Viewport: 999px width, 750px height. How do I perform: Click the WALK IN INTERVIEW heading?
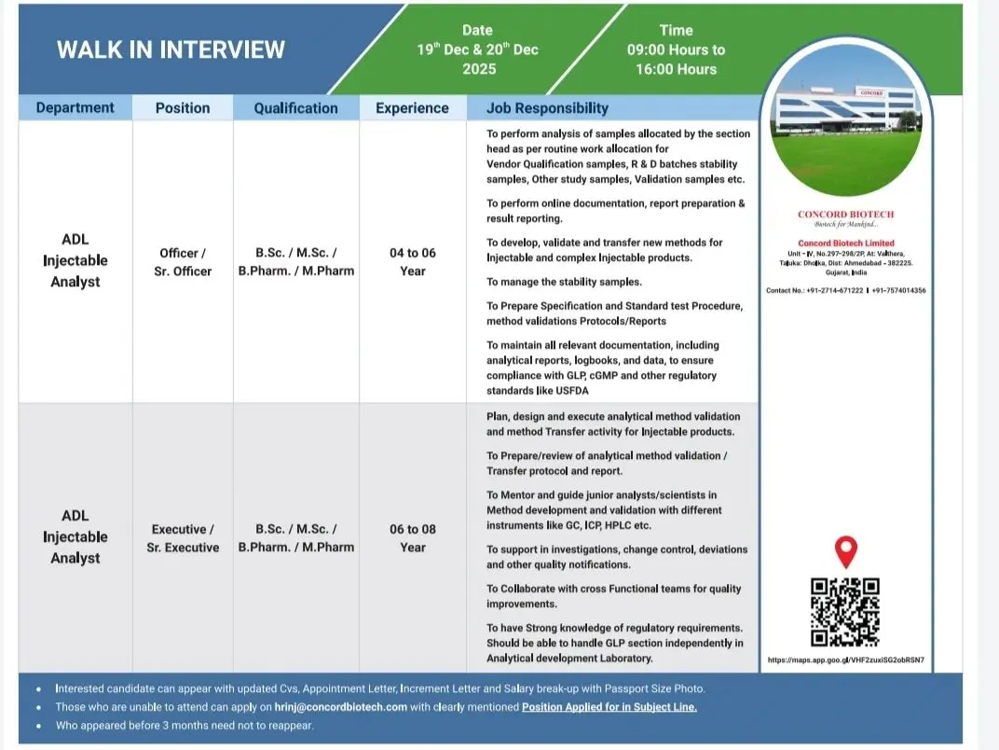(x=171, y=49)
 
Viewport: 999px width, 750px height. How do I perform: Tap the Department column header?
(x=75, y=108)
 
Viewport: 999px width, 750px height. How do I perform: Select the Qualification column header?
(x=295, y=108)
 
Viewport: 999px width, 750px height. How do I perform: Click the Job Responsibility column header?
(x=547, y=108)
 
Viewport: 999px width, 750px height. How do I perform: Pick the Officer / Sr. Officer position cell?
(x=183, y=262)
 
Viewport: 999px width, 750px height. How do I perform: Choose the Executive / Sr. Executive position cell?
(x=183, y=538)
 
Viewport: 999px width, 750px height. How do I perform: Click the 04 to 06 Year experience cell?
(x=412, y=262)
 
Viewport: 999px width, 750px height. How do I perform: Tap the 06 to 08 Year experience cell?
(x=412, y=538)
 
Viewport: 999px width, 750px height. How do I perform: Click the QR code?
(x=845, y=612)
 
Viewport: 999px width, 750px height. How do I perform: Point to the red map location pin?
(x=845, y=551)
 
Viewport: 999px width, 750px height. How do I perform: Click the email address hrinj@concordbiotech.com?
(x=341, y=707)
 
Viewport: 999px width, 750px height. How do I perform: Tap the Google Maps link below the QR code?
(x=846, y=660)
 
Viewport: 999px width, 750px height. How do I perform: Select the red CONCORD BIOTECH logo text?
(x=845, y=215)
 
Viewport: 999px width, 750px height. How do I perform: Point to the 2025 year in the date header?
(x=478, y=69)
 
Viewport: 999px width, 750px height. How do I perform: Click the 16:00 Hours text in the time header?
(x=676, y=69)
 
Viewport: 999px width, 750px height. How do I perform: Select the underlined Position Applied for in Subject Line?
(x=609, y=707)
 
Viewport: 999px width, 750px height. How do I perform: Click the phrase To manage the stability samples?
(x=564, y=282)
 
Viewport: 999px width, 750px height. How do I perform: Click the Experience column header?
(x=412, y=108)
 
